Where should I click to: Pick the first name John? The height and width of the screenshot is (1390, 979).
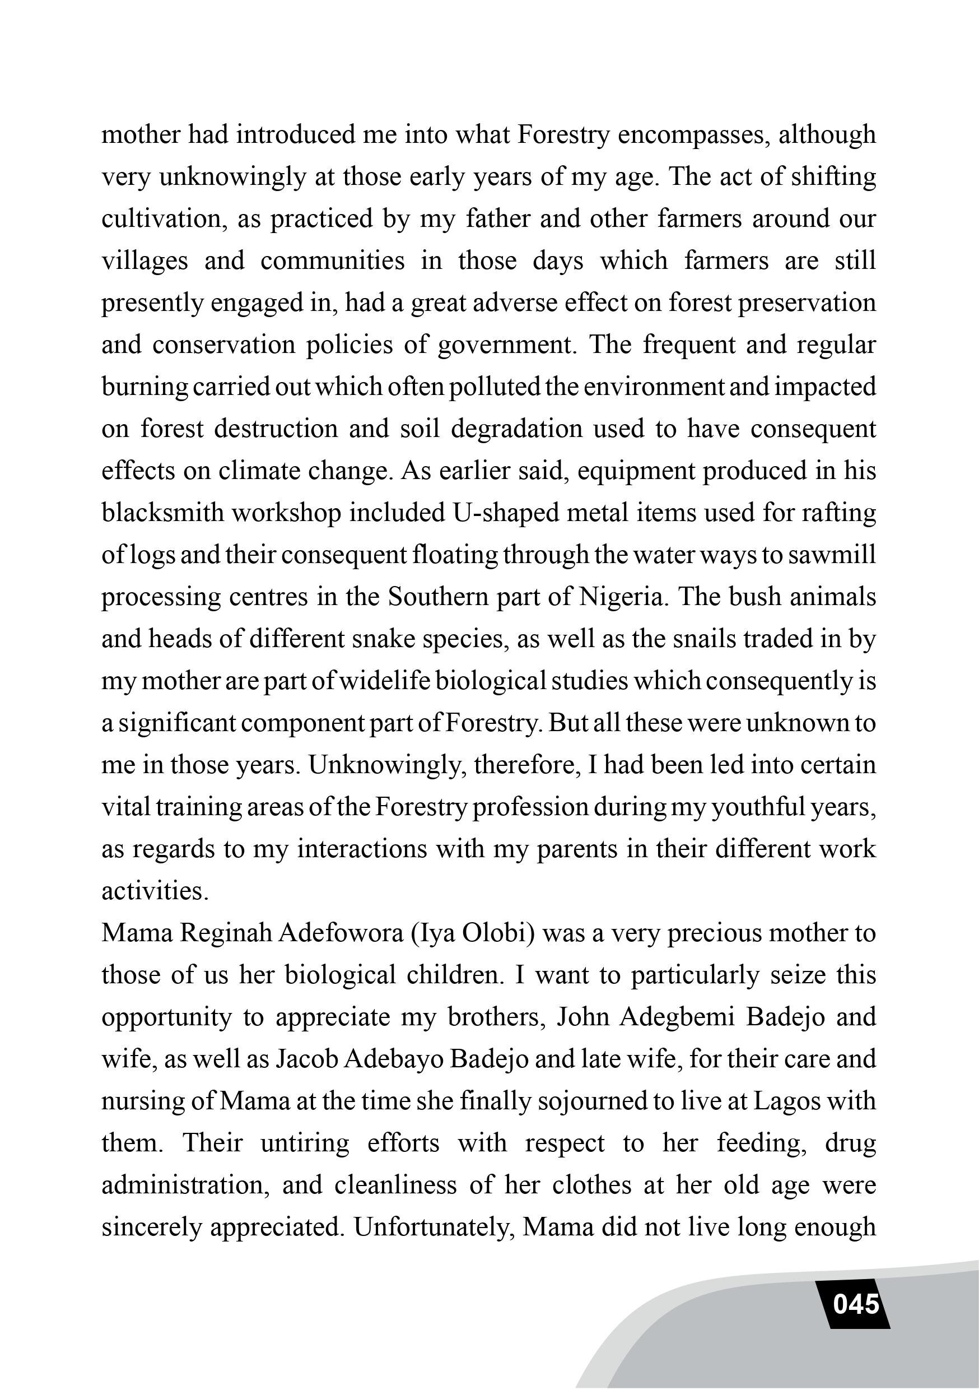tap(582, 1017)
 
